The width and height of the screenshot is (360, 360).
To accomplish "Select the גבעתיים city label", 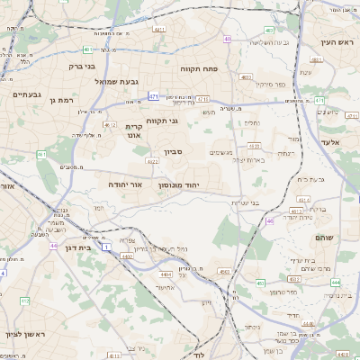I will click(x=24, y=94).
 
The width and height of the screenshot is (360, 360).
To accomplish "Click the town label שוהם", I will click(x=323, y=237).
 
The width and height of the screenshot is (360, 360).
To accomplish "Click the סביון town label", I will click(x=174, y=152).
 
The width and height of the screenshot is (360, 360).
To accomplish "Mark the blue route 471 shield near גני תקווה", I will click(x=154, y=96).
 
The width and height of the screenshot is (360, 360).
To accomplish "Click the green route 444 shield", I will click(x=336, y=283).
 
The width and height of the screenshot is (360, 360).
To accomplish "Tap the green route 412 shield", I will click(x=24, y=301).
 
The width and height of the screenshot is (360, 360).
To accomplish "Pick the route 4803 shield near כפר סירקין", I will click(x=246, y=77).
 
